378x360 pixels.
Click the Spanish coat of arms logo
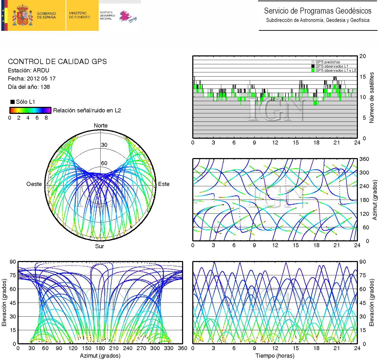point(22,15)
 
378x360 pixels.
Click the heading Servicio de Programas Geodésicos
point(317,11)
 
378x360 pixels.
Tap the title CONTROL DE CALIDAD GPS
point(57,62)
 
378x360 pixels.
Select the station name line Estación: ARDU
point(28,71)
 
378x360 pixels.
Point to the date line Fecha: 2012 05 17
point(32,79)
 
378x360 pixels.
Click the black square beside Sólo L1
point(12,102)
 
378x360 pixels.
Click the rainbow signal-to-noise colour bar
point(30,110)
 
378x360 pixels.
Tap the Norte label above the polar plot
point(101,126)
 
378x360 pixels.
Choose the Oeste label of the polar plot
point(34,184)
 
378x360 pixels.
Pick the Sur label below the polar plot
point(99,246)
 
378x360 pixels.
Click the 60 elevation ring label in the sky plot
point(104,163)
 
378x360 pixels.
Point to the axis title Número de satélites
point(371,97)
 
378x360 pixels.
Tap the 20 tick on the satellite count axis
point(363,56)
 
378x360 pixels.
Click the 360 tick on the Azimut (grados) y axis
point(364,159)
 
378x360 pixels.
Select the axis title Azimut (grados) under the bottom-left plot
point(100,356)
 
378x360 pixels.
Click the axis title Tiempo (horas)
point(275,356)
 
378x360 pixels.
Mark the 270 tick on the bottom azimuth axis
point(141,348)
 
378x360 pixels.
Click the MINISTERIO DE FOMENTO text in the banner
point(79,15)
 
